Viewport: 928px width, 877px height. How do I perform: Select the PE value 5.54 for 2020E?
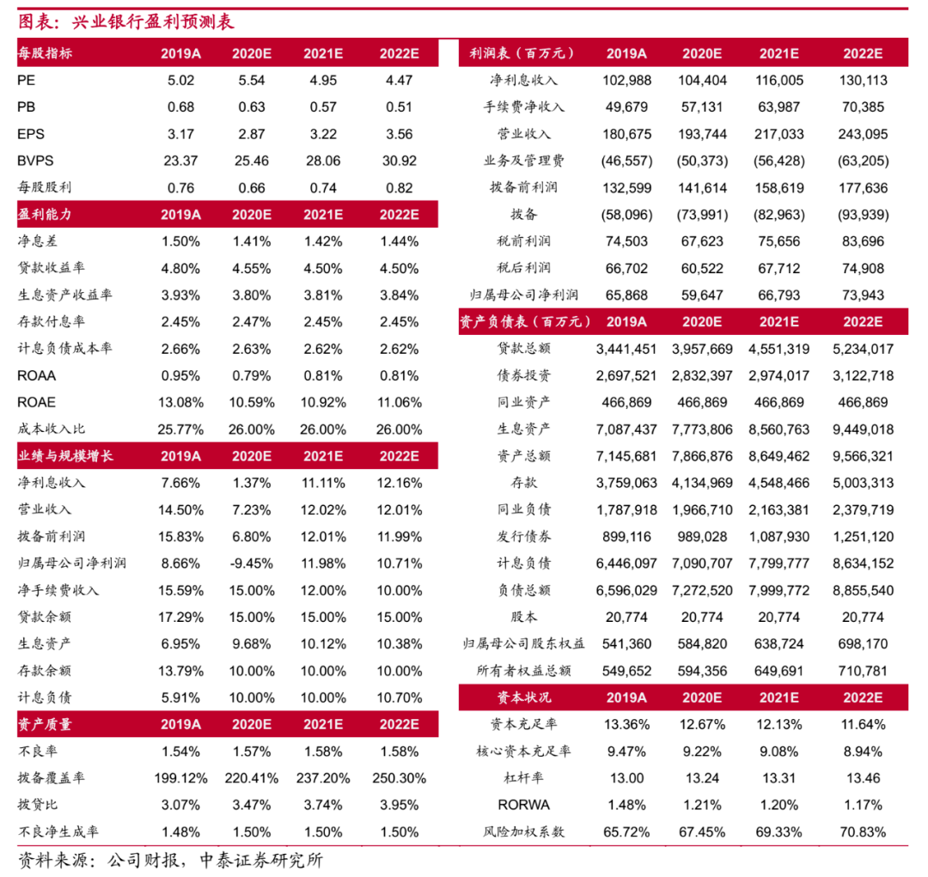[x=252, y=81]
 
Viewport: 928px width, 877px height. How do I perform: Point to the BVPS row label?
[x=34, y=161]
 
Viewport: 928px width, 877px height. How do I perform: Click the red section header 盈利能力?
[x=44, y=215]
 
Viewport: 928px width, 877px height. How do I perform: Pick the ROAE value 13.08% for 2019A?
[x=181, y=402]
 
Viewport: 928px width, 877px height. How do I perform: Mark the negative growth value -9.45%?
[x=252, y=563]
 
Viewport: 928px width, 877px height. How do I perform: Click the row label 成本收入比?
[x=52, y=429]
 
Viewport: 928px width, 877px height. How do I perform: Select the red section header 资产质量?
[x=44, y=724]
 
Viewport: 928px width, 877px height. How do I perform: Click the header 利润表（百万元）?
[x=521, y=53]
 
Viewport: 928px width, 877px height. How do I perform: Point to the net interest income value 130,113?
[x=863, y=81]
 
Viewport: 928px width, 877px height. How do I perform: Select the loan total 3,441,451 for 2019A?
[x=626, y=349]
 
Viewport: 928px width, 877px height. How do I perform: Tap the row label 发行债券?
[x=524, y=536]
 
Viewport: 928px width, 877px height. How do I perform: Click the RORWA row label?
[x=524, y=805]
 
